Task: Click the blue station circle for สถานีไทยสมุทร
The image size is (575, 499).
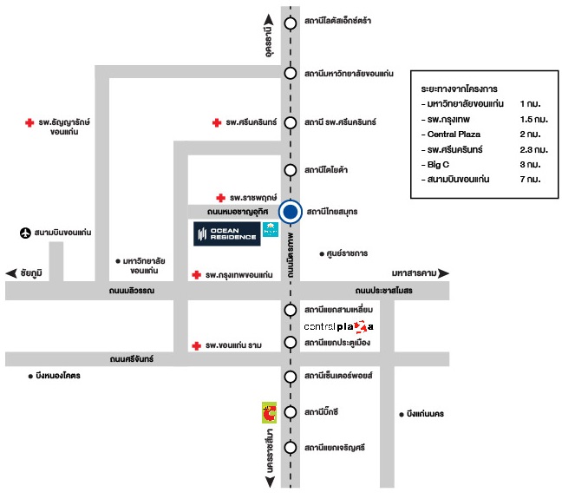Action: click(x=291, y=212)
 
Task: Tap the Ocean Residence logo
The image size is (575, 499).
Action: click(x=226, y=233)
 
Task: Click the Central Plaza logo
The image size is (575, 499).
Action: click(x=339, y=326)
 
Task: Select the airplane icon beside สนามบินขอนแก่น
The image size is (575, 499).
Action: click(x=25, y=233)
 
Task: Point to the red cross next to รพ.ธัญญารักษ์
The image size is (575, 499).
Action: click(x=29, y=124)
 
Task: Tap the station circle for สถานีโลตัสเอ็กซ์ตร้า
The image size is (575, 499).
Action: click(x=291, y=20)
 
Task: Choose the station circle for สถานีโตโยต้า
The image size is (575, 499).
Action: click(x=291, y=170)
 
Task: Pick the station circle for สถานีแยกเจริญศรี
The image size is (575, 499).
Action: click(x=291, y=447)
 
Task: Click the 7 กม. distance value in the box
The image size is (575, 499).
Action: click(x=530, y=178)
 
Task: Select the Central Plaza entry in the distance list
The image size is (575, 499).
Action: click(x=454, y=135)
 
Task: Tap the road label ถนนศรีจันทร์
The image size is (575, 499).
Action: click(x=132, y=359)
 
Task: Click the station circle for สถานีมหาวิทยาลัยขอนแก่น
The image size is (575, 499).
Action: click(x=291, y=74)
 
